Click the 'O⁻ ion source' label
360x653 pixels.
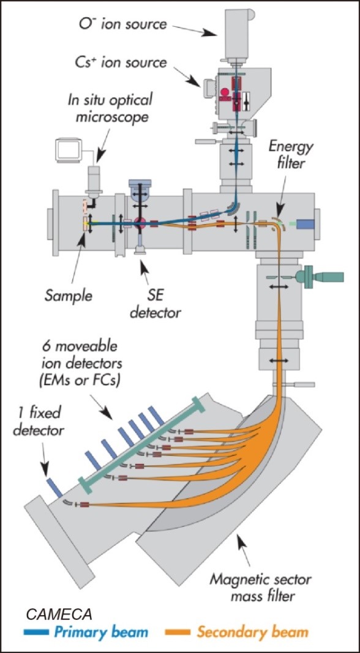pos(123,23)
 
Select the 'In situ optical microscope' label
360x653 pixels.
pos(110,108)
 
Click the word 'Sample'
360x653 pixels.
pos(68,296)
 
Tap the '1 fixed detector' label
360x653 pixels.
pos(39,421)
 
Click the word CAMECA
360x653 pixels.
pos(59,614)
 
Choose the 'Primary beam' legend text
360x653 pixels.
pos(101,632)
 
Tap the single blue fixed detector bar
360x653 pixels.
pos(54,488)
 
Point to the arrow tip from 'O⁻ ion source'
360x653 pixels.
pos(216,35)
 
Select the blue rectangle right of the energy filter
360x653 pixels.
pos(306,224)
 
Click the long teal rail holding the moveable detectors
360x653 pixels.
pos(142,444)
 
